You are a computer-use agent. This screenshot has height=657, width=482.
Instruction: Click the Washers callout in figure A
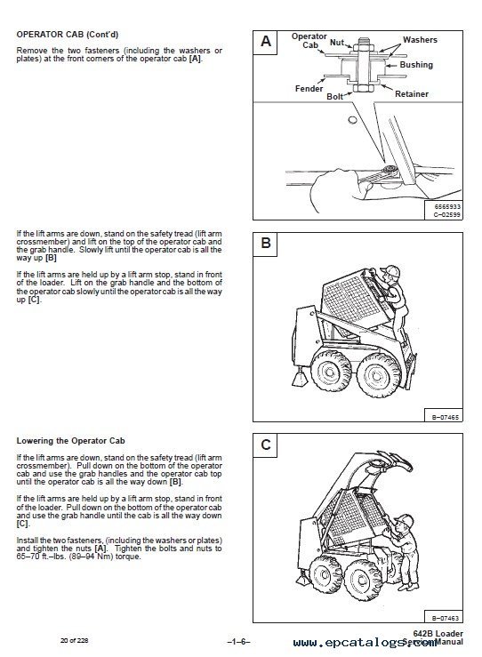pos(420,40)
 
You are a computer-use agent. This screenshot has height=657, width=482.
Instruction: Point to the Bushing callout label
pos(416,65)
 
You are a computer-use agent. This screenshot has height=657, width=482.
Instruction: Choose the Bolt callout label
pos(335,95)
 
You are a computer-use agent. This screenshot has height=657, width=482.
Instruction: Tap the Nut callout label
pos(337,41)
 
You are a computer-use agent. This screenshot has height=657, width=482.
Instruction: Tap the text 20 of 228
pos(75,640)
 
